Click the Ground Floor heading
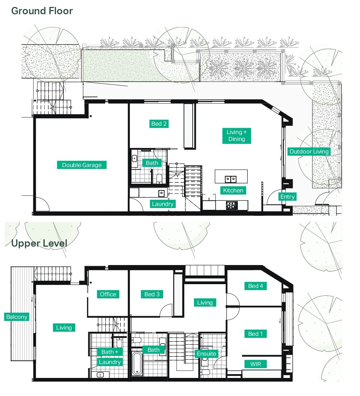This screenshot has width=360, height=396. pos(42,11)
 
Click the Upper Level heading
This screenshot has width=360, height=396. pos(39,243)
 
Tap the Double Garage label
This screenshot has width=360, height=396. pos(82,165)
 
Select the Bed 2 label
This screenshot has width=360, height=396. pos(159,124)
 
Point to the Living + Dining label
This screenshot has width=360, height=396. pos(236,135)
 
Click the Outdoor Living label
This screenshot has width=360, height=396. pos(309,151)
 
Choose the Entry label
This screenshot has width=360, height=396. pos(287,197)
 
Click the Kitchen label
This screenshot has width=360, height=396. pos(233,190)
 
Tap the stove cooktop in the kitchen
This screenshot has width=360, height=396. pos(232,205)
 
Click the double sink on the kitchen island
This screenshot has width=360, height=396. pos(231,179)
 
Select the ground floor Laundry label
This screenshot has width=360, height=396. pos(162,204)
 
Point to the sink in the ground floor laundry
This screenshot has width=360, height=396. pos(161,193)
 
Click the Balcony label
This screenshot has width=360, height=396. pos(17,317)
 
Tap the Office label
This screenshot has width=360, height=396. pos(108,294)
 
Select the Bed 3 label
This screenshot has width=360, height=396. pos(152,294)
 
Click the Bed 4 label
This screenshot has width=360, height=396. pos(256,286)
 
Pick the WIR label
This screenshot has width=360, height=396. pos(256,364)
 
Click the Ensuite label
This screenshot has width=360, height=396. pos(207,354)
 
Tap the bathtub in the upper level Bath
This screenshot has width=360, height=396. pos(137,363)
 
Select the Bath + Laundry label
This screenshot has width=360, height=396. pos(110,357)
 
